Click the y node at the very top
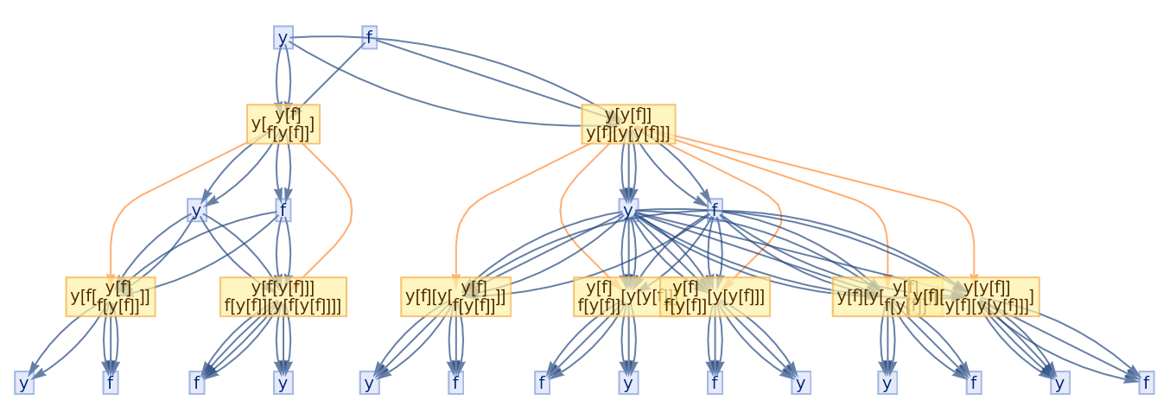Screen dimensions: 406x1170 (x=283, y=38)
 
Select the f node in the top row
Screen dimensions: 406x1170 (x=369, y=38)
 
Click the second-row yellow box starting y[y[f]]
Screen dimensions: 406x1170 (x=628, y=124)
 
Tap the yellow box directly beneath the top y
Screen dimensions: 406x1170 (x=283, y=124)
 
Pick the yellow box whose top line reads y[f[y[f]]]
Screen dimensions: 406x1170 (x=283, y=297)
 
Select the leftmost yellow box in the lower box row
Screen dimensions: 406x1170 (x=111, y=297)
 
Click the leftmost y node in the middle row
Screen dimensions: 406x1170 (x=197, y=211)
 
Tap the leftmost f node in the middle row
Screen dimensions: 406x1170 (x=283, y=211)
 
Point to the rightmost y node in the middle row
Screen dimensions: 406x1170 (x=628, y=211)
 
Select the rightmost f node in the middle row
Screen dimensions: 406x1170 (x=715, y=211)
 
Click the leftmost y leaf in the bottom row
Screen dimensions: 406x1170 (x=24, y=383)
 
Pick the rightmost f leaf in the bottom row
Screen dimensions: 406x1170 (x=1146, y=383)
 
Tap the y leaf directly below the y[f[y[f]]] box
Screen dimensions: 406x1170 (x=283, y=383)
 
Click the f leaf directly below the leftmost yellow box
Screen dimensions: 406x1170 (x=110, y=383)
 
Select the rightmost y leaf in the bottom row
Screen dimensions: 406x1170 (x=1059, y=383)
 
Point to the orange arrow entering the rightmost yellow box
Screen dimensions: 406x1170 (x=974, y=251)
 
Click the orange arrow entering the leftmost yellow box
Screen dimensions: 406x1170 (x=111, y=251)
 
